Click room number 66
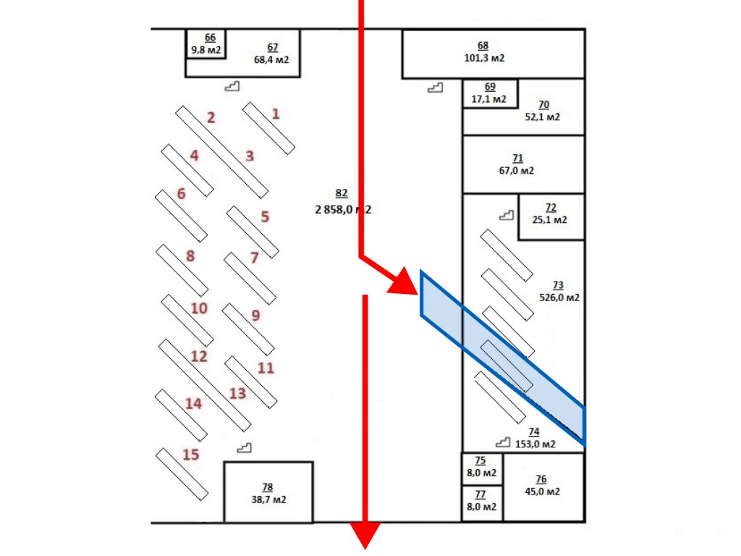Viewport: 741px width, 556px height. point(210,38)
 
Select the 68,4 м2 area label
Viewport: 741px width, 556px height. point(271,60)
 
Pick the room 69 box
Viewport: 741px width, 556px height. point(490,93)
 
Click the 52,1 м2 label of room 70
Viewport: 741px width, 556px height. point(544,117)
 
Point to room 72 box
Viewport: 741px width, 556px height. point(551,215)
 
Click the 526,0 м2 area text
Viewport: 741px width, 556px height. point(559,297)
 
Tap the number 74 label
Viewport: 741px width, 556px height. point(534,432)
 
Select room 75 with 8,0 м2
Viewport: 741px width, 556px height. point(480,467)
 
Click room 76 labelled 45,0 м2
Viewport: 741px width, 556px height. point(542,486)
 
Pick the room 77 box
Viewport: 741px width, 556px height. point(480,501)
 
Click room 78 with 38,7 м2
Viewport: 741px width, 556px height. point(268,493)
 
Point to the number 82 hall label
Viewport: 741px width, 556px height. point(342,193)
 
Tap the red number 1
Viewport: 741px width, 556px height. point(275,114)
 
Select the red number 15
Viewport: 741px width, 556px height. point(190,455)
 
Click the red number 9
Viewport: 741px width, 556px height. point(255,316)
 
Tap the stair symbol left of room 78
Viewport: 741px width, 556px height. point(245,447)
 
